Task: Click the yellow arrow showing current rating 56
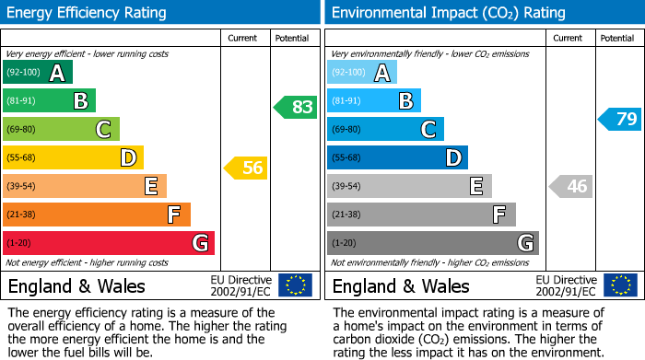tap(246, 168)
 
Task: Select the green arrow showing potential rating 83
tap(296, 107)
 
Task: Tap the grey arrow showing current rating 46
tap(570, 186)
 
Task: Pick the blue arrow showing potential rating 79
tap(620, 119)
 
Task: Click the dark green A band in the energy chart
tap(38, 73)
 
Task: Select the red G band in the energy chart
tap(109, 243)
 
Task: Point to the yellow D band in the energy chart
tap(74, 158)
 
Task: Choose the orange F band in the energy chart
tap(97, 215)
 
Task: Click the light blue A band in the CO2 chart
tap(362, 73)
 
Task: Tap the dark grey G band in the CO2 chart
tap(433, 243)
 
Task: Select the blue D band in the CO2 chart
tap(397, 158)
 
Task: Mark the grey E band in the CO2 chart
tap(409, 186)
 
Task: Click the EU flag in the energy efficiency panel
tap(295, 285)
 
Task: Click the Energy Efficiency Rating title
tap(88, 13)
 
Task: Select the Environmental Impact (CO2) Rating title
tap(448, 13)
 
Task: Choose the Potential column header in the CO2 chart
tap(617, 38)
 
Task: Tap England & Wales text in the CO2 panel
tap(401, 285)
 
